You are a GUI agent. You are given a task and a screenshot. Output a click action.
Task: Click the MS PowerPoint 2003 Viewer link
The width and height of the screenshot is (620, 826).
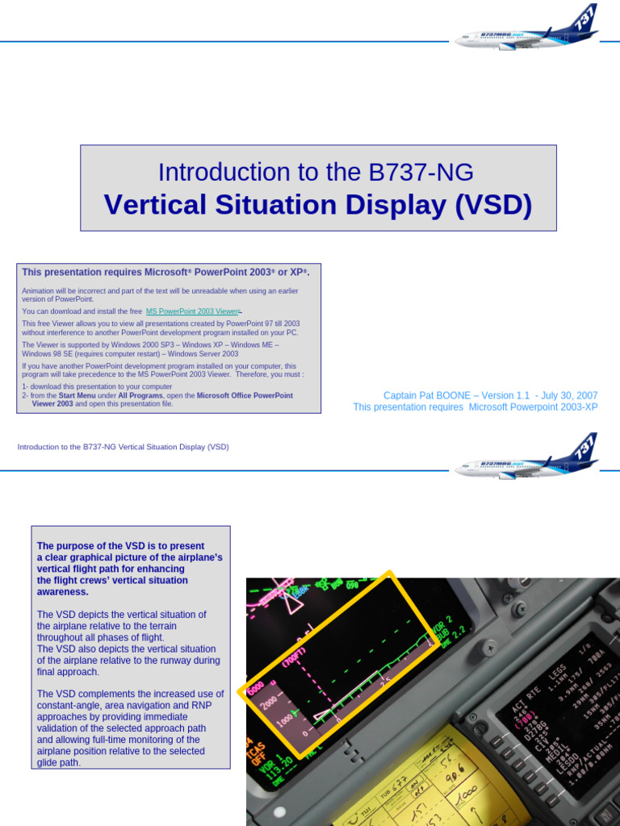(x=192, y=311)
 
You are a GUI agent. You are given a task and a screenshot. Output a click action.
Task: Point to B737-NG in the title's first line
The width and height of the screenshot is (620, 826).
(x=421, y=172)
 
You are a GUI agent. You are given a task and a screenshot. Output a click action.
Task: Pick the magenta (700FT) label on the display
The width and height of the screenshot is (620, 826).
(x=293, y=657)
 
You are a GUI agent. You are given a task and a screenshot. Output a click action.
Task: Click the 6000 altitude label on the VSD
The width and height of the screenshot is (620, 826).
(x=255, y=690)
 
